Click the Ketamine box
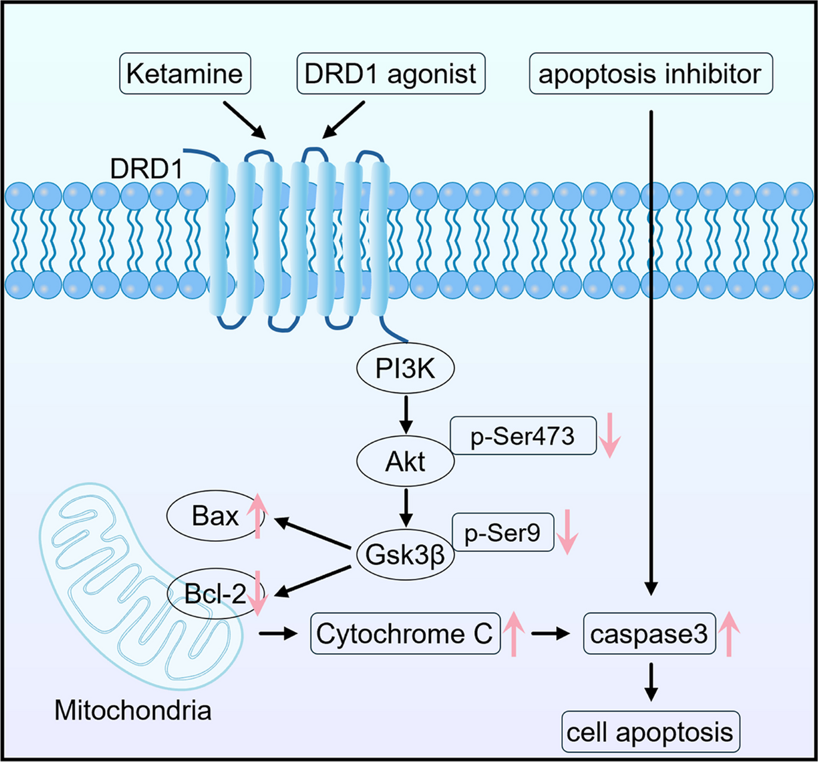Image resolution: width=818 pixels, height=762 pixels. (184, 74)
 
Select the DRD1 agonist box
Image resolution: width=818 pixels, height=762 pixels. (390, 74)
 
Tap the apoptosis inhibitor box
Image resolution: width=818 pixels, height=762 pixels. (651, 74)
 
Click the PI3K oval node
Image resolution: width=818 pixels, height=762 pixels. (405, 369)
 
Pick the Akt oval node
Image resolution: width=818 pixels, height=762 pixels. (405, 462)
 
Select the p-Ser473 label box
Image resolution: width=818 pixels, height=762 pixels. (523, 436)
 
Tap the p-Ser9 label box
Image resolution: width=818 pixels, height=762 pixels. (502, 532)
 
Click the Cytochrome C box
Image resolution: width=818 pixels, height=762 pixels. (405, 633)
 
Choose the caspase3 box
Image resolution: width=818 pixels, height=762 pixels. (649, 633)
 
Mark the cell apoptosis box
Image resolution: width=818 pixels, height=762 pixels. (650, 731)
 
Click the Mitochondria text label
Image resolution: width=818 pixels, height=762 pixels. (133, 711)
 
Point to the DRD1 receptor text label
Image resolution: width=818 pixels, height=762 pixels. (146, 169)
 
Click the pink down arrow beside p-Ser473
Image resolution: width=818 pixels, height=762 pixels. (610, 436)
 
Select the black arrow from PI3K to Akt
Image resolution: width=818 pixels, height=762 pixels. (406, 414)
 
